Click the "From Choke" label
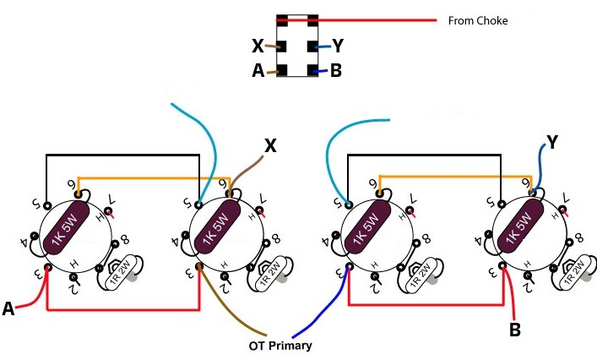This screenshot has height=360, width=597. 478,20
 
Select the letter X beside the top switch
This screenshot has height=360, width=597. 258,46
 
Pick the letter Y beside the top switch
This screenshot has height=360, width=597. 338,46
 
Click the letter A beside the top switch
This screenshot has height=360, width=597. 258,72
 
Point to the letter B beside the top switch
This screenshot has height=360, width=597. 336,72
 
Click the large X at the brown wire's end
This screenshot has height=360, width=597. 270,146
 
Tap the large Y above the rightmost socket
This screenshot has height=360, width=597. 551,142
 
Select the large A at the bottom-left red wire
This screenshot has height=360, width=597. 9,310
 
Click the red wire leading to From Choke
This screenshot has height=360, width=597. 380,19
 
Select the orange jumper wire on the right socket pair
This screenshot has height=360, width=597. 456,175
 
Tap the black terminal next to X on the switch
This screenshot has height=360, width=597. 282,46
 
